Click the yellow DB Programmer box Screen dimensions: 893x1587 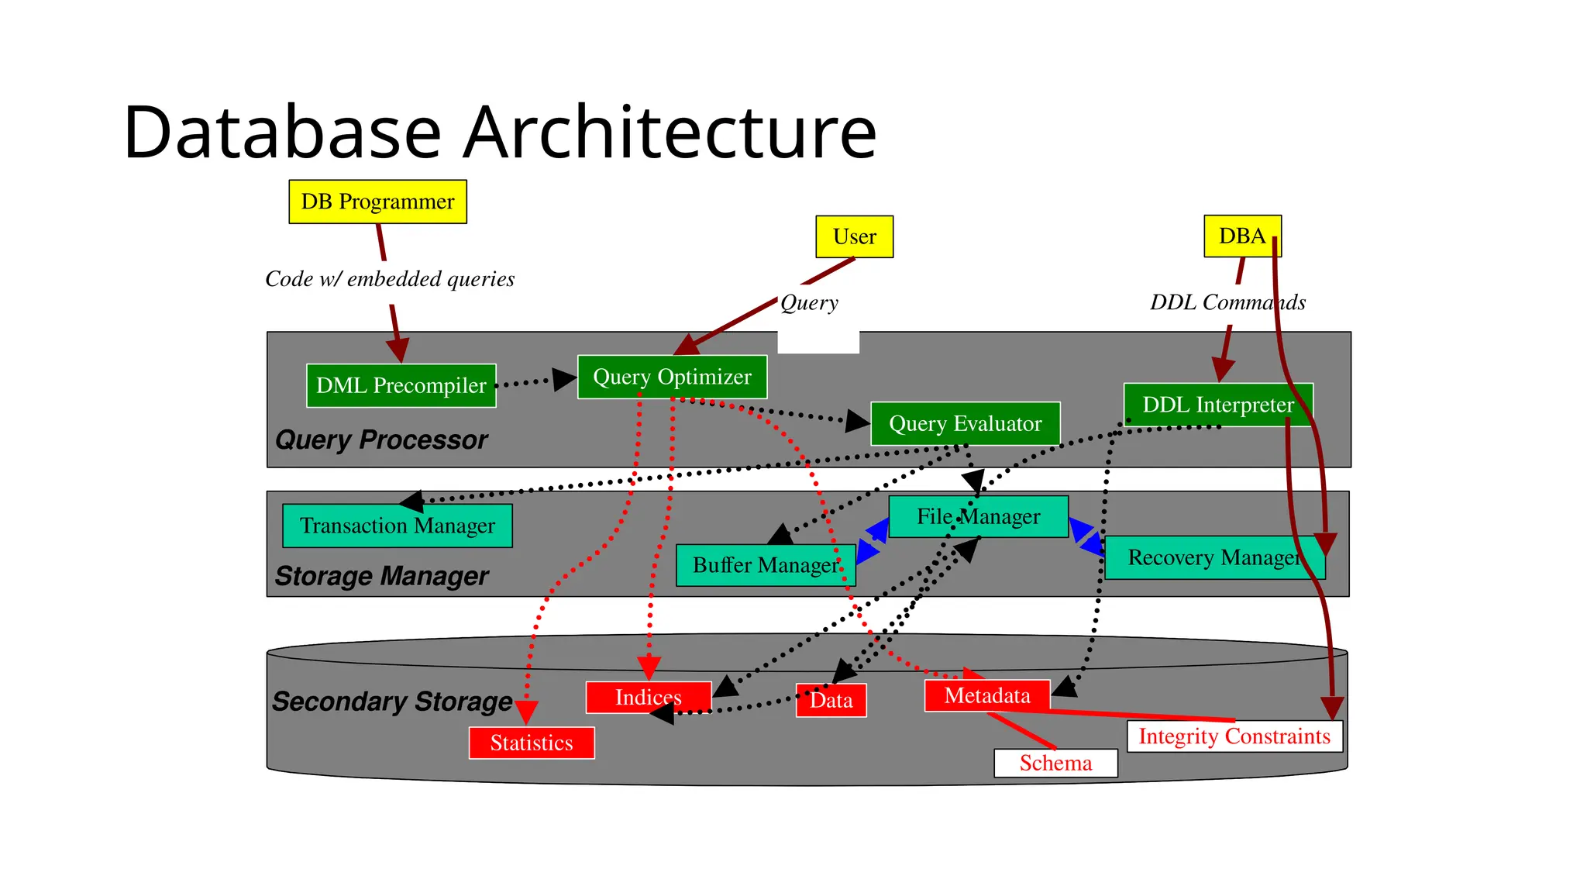(x=377, y=202)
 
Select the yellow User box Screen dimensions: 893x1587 (x=854, y=236)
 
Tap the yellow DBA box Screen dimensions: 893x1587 (x=1241, y=236)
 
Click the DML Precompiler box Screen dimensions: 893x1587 (x=401, y=385)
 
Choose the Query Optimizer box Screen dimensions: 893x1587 (x=672, y=377)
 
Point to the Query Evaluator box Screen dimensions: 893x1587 (x=965, y=423)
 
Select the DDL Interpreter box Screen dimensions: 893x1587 (x=1217, y=404)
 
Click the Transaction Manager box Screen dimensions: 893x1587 (x=397, y=526)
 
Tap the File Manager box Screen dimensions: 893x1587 (x=978, y=516)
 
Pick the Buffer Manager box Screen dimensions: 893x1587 (x=765, y=565)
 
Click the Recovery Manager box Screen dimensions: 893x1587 (x=1213, y=557)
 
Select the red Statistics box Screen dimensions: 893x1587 (x=532, y=743)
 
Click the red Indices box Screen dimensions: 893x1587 (x=648, y=697)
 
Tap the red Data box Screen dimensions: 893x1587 (x=831, y=700)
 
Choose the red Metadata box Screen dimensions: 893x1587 (x=986, y=695)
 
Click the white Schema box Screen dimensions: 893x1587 (x=1055, y=763)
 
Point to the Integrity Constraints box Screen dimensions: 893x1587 (x=1234, y=736)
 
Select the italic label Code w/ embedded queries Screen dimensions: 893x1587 (x=390, y=279)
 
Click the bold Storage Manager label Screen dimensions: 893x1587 (x=381, y=576)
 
